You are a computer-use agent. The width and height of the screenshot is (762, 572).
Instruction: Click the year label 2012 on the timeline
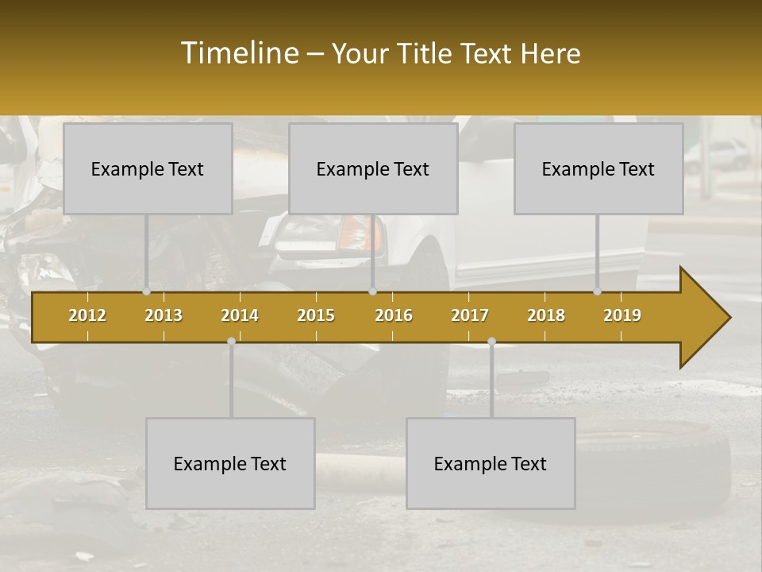(x=87, y=315)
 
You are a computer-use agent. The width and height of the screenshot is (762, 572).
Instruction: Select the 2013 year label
(x=164, y=315)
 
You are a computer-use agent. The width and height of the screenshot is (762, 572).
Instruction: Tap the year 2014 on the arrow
(x=240, y=315)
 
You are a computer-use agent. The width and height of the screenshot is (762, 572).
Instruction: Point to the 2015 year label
(x=316, y=315)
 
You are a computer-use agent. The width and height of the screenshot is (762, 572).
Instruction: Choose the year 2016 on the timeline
(x=394, y=315)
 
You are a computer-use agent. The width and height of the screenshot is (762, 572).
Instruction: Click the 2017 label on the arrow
(x=470, y=315)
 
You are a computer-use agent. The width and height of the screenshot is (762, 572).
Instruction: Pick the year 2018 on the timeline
(x=546, y=315)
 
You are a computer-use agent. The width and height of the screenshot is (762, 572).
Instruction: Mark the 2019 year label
(x=622, y=315)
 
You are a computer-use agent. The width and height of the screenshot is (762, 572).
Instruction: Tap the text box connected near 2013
(x=148, y=168)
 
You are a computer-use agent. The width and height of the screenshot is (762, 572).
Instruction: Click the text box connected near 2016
(x=373, y=168)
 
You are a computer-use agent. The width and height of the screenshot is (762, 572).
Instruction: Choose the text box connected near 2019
(x=598, y=168)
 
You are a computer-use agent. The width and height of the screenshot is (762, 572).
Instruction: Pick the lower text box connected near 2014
(x=230, y=463)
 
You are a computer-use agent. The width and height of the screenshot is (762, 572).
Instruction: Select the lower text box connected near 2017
(x=491, y=463)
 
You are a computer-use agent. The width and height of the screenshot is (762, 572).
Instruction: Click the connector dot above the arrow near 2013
(x=147, y=292)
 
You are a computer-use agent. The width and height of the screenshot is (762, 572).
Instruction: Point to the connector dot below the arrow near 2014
(x=231, y=341)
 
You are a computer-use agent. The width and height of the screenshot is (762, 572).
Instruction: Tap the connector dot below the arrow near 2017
(x=491, y=341)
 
